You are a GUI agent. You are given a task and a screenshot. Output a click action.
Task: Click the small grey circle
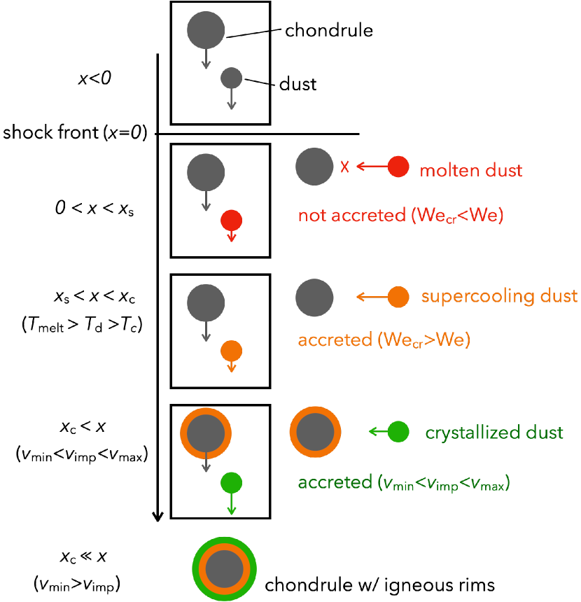coord(232,78)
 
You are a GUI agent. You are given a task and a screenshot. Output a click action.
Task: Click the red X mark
coord(344,167)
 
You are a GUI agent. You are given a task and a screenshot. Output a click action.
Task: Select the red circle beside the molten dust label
coord(398,167)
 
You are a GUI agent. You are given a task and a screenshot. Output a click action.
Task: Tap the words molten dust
coord(470,170)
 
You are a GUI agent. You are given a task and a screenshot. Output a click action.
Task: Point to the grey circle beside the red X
coord(314,167)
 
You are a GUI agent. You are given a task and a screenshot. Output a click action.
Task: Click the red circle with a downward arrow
coord(232,220)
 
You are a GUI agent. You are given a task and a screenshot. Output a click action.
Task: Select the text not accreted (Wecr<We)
coord(400,216)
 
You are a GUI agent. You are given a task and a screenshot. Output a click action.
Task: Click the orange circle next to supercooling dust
coord(398,297)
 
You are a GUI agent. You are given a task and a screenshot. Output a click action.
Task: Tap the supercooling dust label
coord(499,296)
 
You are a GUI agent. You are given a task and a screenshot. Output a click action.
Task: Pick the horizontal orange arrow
coord(372,297)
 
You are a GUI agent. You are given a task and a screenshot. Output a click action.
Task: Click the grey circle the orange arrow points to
coord(314,297)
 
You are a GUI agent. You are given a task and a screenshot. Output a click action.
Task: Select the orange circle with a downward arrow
coord(232,350)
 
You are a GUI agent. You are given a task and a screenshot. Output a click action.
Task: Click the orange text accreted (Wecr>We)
coord(384,340)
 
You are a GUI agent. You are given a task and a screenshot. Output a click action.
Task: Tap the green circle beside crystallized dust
coord(398,432)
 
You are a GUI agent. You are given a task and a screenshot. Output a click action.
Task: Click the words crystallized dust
coord(494,433)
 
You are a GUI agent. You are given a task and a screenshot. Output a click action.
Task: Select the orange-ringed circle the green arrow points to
coord(315,432)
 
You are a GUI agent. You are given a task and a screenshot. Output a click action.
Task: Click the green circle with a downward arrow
coord(232,482)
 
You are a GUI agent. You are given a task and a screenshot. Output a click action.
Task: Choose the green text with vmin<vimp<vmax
coord(403,483)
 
